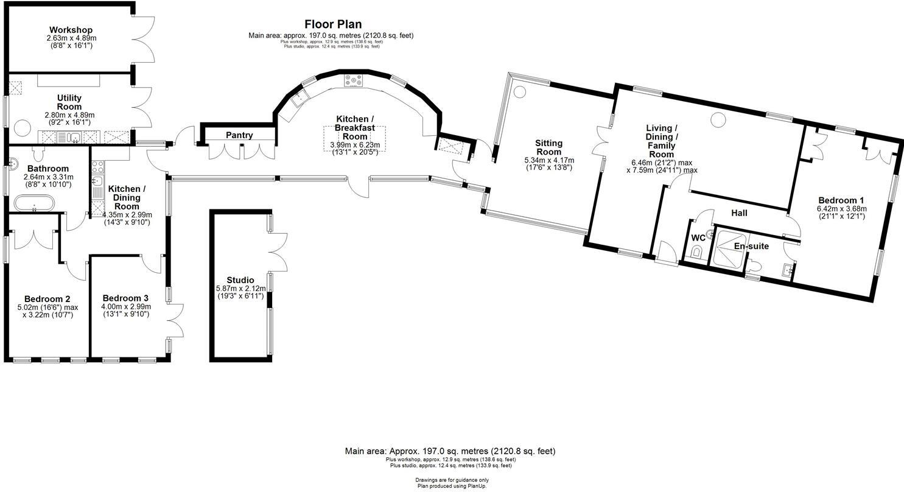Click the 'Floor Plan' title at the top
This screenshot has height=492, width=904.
(x=333, y=24)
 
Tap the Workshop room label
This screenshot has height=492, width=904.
(x=71, y=30)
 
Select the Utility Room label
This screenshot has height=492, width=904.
(x=69, y=102)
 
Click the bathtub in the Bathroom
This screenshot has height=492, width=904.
(x=35, y=203)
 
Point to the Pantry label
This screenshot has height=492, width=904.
(x=239, y=135)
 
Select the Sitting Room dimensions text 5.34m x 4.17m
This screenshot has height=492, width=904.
(x=548, y=160)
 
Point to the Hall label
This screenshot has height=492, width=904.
(x=739, y=213)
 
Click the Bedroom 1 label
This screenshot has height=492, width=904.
(x=840, y=200)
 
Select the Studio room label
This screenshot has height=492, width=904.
(x=240, y=280)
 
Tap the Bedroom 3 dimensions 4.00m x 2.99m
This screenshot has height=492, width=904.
(x=125, y=307)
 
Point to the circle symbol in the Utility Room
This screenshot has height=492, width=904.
(x=22, y=128)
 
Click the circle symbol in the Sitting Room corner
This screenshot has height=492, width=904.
(x=519, y=92)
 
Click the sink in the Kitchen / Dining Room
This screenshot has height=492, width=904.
(x=97, y=181)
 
